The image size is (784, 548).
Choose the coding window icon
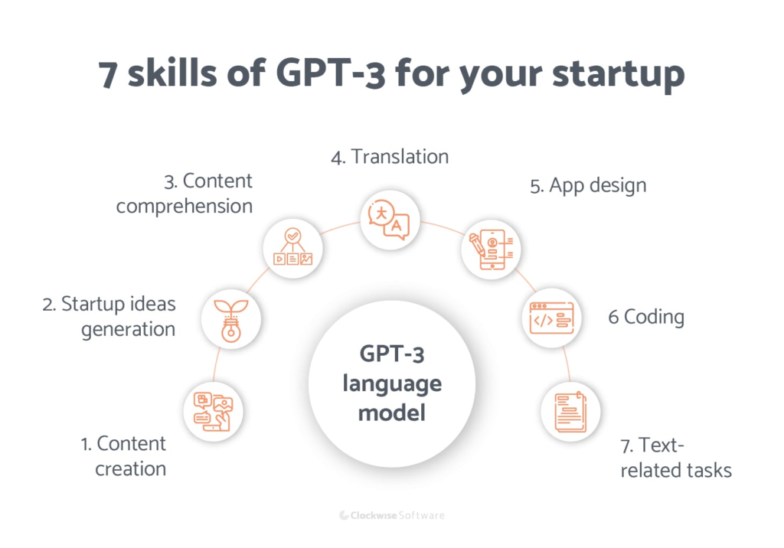(551, 318)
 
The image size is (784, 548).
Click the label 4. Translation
(390, 157)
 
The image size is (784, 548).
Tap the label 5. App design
(588, 184)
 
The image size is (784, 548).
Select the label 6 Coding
(645, 317)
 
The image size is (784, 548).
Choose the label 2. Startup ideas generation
(109, 316)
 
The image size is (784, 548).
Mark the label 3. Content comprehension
(185, 194)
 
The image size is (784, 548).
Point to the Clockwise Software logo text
(391, 515)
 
